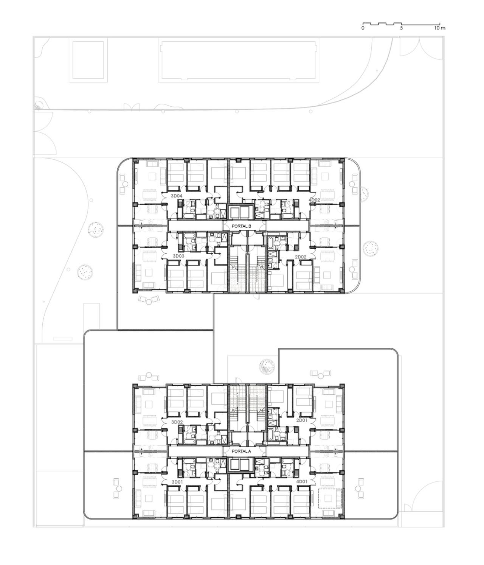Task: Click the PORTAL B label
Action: click(x=242, y=226)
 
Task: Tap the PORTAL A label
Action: click(x=242, y=451)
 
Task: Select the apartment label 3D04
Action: click(x=177, y=196)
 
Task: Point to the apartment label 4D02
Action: click(x=314, y=199)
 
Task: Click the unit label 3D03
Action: click(x=178, y=256)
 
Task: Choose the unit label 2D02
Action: click(x=301, y=257)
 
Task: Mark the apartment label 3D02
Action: click(x=177, y=422)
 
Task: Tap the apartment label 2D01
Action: click(x=301, y=420)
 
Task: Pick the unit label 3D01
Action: click(x=177, y=482)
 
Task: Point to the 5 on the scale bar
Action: click(x=402, y=28)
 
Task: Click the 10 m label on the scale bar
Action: click(x=440, y=28)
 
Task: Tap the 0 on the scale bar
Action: click(x=363, y=28)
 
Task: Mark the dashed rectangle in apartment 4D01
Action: click(x=330, y=498)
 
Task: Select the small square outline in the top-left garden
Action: click(x=88, y=61)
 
